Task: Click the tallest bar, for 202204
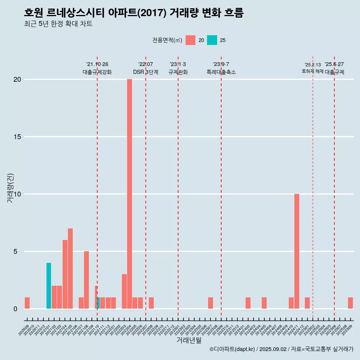coord(129,194)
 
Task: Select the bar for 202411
coord(297,251)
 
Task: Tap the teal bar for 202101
coord(49,286)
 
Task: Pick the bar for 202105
coord(70,268)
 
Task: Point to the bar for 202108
coord(86,280)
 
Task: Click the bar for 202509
coord(350,303)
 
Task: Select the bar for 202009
coord(27,303)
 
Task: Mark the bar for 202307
coord(210,303)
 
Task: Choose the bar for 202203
coord(124,291)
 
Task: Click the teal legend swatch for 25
coord(212,40)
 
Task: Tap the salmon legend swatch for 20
coord(190,40)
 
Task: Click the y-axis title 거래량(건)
coord(10,188)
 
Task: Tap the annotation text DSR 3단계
coord(145,72)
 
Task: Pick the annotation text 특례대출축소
coord(221,72)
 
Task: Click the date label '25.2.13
coord(312,65)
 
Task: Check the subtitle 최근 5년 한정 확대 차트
coord(58,24)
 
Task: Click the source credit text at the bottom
coord(281,349)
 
